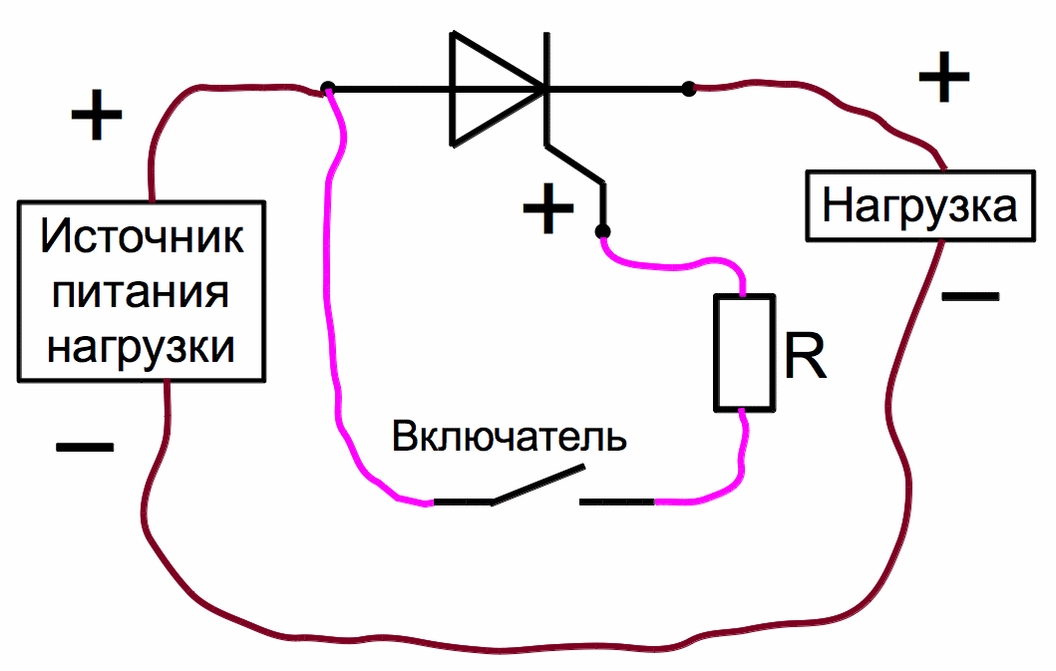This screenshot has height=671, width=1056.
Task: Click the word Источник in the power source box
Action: (143, 238)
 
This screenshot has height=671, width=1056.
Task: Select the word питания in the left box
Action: (142, 293)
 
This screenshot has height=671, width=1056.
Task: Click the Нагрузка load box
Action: (918, 206)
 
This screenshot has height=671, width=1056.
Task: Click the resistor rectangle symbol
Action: (744, 352)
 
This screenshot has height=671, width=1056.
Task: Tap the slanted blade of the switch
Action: (536, 485)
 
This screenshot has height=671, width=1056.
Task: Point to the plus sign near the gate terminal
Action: (549, 209)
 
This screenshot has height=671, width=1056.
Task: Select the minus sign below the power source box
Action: (85, 448)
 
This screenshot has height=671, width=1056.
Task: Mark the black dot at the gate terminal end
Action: (601, 231)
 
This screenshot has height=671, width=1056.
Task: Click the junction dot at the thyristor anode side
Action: (328, 90)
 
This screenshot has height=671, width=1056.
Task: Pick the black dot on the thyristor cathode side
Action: (688, 90)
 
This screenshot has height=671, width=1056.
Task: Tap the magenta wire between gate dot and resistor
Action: (678, 266)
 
